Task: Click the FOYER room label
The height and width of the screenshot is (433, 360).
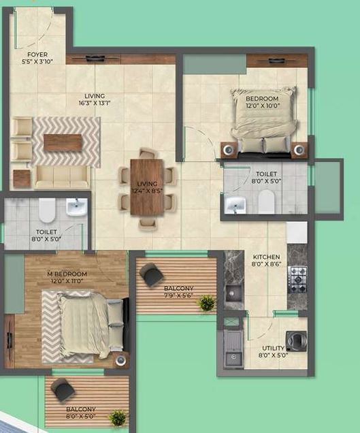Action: [37, 54]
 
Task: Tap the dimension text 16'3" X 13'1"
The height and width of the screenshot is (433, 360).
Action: [95, 103]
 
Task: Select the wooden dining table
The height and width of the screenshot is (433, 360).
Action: [147, 187]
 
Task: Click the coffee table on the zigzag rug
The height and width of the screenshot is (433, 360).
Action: [63, 142]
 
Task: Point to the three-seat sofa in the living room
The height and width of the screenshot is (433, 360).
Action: [63, 177]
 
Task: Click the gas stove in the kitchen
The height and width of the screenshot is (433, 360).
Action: [297, 279]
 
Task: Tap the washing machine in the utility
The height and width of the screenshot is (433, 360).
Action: [296, 340]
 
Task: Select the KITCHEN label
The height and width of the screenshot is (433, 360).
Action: [266, 257]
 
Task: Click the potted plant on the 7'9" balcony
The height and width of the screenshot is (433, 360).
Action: [206, 303]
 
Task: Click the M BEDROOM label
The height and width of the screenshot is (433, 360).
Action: [67, 274]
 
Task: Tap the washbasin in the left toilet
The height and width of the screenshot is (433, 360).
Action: [76, 207]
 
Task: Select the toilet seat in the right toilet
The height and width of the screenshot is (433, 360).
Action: [266, 202]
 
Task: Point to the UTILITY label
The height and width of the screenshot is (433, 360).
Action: [273, 348]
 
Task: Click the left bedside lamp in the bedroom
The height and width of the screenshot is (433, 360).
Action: [229, 150]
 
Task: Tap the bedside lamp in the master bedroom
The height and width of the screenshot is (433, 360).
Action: [120, 360]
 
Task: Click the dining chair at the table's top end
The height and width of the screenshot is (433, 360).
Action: [148, 153]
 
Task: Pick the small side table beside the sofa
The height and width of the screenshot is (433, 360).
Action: [22, 178]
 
